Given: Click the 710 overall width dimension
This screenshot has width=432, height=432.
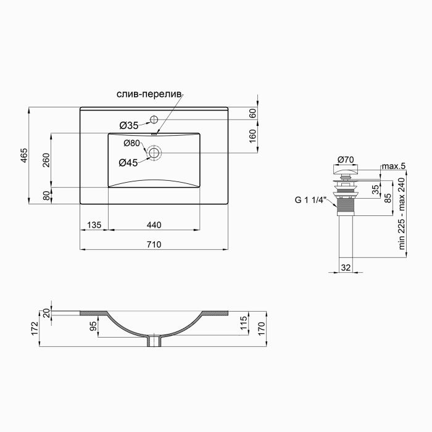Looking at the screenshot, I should point(154,244).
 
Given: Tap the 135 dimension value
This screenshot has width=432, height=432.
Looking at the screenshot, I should point(94,225).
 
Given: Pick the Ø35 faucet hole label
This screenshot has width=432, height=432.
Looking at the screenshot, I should point(128,125).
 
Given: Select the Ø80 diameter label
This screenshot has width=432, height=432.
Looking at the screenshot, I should point(131,143).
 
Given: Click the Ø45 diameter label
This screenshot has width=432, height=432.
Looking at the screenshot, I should point(128,163).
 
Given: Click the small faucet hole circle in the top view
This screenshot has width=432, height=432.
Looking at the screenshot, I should point(154,118).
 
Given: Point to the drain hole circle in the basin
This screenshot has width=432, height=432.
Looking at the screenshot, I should point(154,152).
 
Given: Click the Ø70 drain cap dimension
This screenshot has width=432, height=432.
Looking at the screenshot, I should point(345,160).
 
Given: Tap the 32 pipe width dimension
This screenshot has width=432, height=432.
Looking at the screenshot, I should point(345,268).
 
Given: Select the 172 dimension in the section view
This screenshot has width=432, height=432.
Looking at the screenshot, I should point(35,328).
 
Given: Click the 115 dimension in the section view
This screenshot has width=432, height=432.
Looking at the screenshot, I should point(243,322).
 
